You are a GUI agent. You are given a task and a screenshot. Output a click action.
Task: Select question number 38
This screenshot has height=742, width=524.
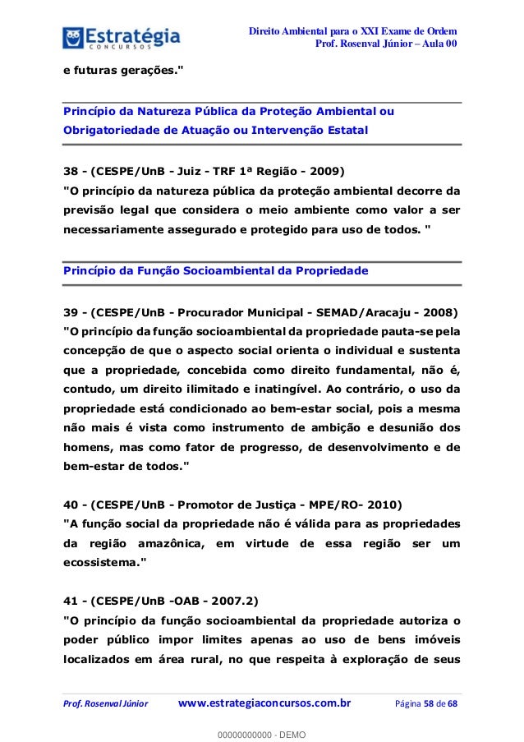pos(72,172)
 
